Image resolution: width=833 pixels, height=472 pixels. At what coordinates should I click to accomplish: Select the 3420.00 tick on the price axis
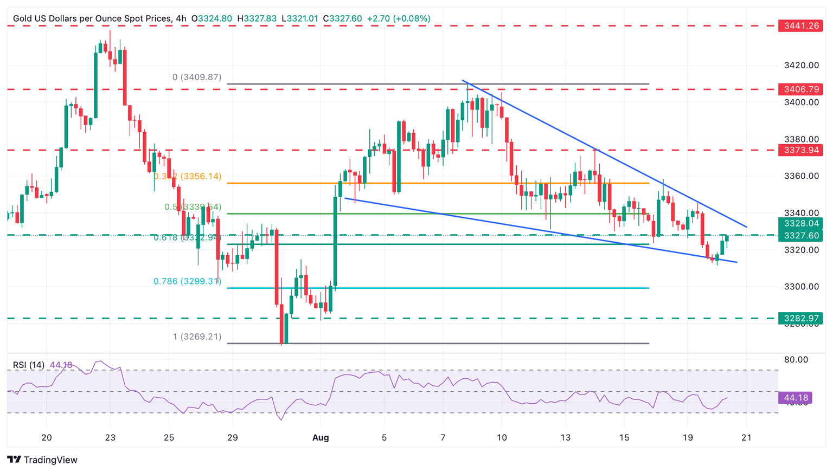pos(801,66)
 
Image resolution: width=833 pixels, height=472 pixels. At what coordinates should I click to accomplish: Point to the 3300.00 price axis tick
pos(801,287)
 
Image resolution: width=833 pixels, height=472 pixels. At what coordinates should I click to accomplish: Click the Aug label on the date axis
pos(321,438)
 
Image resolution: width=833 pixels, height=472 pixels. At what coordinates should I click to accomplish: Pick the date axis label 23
pos(110,438)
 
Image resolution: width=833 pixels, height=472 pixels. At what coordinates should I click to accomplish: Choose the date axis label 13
pos(565,438)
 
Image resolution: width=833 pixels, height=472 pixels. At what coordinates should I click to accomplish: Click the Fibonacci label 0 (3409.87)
pos(197,77)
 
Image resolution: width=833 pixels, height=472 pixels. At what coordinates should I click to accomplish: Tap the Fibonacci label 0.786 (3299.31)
pos(187,281)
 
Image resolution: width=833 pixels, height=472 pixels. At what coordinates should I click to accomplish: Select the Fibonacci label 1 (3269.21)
pos(197,337)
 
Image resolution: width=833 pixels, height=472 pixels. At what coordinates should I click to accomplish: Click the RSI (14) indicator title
pos(29,365)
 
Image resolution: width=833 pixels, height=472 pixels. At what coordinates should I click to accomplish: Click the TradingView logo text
pos(50,460)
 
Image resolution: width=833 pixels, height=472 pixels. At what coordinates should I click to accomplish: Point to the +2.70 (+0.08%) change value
pos(399,18)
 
